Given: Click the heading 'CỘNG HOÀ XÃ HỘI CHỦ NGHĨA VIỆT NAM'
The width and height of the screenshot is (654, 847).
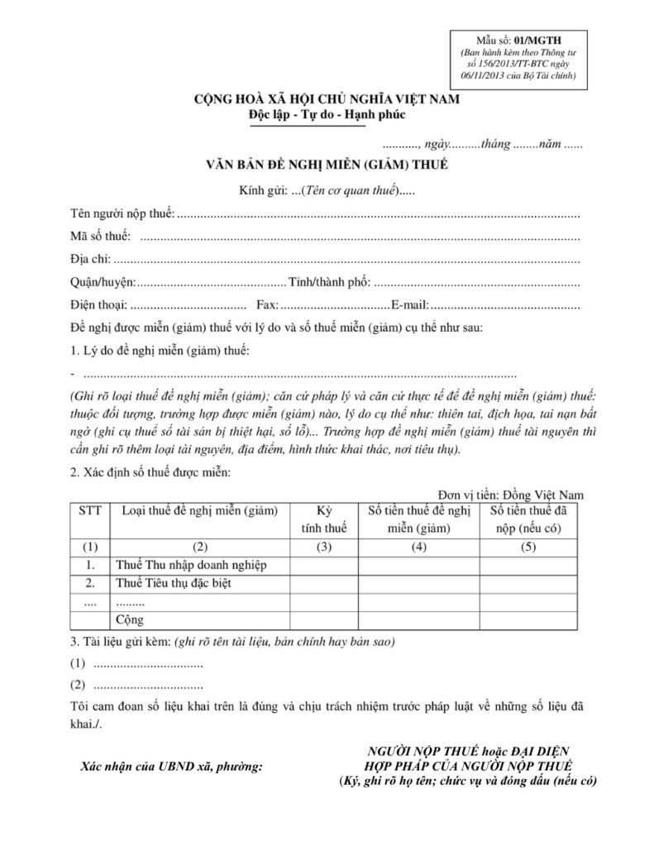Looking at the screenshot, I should [327, 100].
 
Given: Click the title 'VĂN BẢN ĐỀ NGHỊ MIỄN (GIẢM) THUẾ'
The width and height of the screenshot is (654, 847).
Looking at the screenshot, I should [327, 165].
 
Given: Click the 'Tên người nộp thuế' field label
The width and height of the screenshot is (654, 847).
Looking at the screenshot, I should [122, 215].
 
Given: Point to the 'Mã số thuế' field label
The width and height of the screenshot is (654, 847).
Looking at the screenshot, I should [100, 237].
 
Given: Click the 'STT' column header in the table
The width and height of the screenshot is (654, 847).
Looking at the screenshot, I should [89, 511].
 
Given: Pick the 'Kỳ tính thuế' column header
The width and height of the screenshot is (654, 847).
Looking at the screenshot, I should [322, 519].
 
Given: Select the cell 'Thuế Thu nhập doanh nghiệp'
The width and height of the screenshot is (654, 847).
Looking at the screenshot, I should [191, 565].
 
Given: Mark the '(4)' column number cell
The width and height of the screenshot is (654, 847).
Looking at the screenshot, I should [418, 547].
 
